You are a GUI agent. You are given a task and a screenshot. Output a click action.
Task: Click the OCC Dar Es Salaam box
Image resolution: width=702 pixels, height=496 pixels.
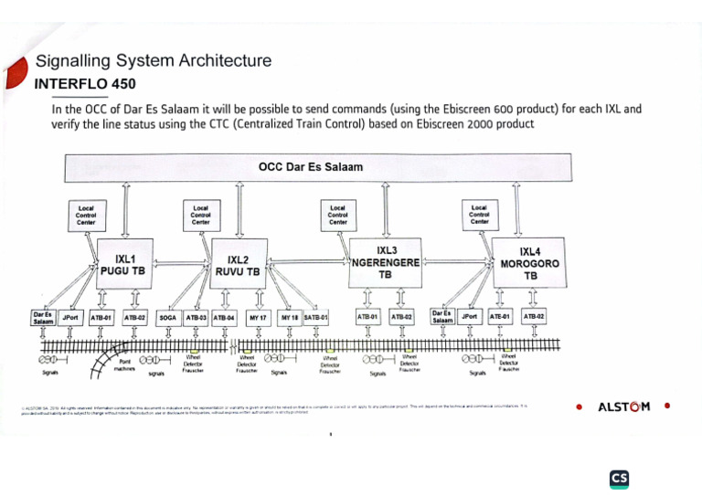point(311,167)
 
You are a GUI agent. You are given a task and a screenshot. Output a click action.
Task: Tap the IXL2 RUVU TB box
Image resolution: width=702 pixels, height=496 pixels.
point(239,266)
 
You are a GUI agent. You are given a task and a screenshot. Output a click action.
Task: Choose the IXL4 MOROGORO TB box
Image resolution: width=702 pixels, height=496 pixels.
point(529,263)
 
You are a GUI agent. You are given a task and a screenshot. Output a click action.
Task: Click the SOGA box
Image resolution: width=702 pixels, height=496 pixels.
point(167,318)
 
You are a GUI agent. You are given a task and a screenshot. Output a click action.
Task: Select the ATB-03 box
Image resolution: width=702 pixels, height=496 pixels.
point(197,318)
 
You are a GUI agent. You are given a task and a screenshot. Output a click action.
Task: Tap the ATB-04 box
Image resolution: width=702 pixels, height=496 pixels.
point(224,318)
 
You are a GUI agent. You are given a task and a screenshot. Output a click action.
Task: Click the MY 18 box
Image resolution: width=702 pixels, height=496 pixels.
point(291,318)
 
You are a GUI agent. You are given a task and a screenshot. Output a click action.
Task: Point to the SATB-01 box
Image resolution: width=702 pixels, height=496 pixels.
point(315,318)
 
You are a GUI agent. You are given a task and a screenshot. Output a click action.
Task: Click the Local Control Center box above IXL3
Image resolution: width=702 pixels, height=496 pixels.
point(338,215)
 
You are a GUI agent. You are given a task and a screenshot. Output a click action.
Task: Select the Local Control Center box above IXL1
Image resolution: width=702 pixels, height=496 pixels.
point(87,215)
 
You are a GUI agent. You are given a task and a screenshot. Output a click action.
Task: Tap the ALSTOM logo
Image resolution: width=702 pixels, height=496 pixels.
point(623,406)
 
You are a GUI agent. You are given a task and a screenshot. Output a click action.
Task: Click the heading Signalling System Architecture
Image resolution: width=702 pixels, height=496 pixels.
point(153,61)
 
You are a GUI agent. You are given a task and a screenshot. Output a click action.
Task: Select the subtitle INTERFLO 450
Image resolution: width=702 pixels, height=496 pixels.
point(85,84)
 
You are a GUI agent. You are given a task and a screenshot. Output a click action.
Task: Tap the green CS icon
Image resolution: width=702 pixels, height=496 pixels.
point(620,479)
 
